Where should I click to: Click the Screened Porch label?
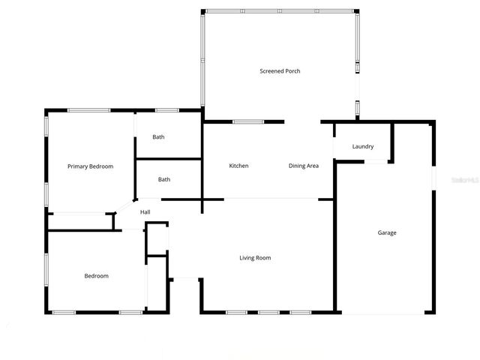click(x=280, y=71)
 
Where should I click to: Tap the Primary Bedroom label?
click(x=90, y=166)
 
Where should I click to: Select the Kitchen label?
click(x=238, y=166)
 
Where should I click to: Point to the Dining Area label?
click(x=304, y=166)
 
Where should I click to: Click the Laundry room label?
click(x=362, y=147)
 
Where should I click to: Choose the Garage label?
click(x=386, y=232)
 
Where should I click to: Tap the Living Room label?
click(x=255, y=258)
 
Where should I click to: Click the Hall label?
click(x=145, y=212)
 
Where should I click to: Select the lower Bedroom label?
click(x=96, y=276)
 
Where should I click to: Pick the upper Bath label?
click(x=158, y=137)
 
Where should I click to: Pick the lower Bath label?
click(x=163, y=179)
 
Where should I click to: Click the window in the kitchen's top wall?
click(x=247, y=121)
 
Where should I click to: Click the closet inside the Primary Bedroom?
click(x=79, y=222)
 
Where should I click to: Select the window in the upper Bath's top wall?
click(x=166, y=111)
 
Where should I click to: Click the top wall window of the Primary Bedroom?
click(x=88, y=111)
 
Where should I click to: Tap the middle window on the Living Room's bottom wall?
click(x=268, y=312)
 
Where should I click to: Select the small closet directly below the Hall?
click(x=156, y=240)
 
